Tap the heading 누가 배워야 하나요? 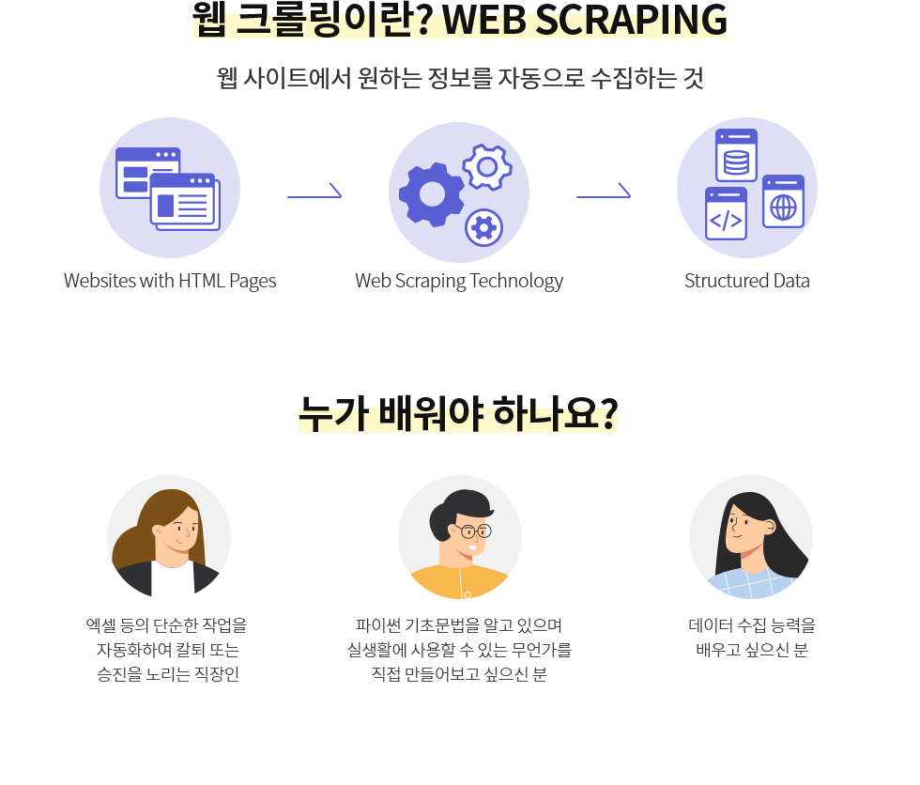coord(458,411)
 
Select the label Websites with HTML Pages coord(170,281)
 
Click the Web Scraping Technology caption coord(459,281)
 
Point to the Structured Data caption coord(746,281)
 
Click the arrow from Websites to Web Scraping coord(314,196)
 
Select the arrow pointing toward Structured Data coord(603,196)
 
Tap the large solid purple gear coord(431,194)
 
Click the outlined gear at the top coord(487,167)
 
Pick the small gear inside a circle coord(483,226)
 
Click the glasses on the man coord(475,531)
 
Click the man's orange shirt coord(460,581)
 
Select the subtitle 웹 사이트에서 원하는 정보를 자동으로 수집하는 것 coord(460,78)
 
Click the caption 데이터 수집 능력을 coord(751,624)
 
